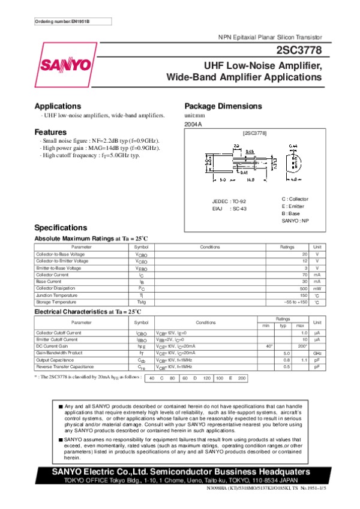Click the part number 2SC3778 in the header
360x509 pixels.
point(300,50)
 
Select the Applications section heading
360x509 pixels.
point(58,106)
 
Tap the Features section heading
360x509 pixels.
point(50,132)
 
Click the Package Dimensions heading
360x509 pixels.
point(223,106)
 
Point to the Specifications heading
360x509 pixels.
point(61,228)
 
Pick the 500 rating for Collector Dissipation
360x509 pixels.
point(304,288)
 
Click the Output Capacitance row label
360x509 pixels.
point(56,360)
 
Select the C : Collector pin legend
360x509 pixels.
point(295,198)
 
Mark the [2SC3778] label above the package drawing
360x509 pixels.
point(254,131)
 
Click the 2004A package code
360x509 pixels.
point(193,124)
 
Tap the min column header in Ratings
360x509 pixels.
point(265,326)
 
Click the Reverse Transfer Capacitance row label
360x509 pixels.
point(65,366)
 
